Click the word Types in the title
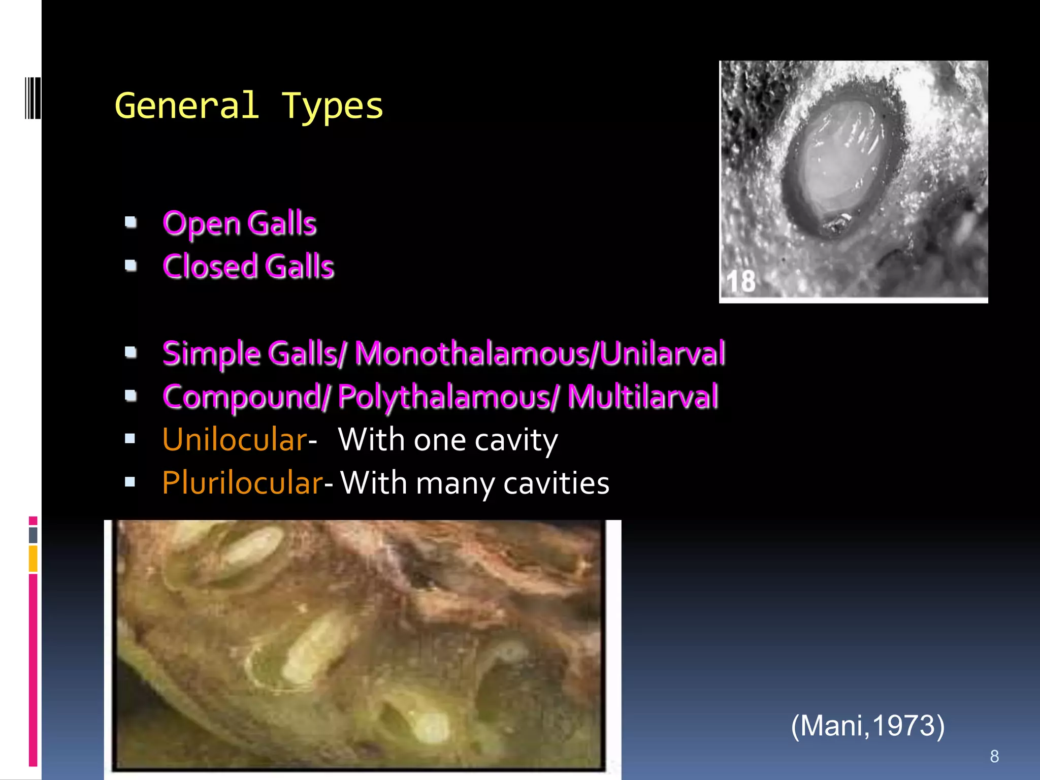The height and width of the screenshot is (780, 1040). pos(332,107)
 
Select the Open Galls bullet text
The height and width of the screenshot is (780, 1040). pos(239,223)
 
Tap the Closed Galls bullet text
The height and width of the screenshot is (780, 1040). pos(248,267)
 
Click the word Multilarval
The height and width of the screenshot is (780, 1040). pos(642,397)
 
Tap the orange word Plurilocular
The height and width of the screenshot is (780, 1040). pos(242,482)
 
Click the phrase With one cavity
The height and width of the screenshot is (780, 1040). pos(447,440)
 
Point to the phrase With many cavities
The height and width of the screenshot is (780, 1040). pos(474,483)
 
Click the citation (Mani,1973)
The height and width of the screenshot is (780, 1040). pos(867,725)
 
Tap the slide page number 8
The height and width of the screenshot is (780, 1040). pos(994,756)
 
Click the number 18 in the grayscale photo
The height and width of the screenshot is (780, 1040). pos(741,281)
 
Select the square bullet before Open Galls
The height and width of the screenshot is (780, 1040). pos(131,222)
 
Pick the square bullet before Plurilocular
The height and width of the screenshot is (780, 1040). pos(130,482)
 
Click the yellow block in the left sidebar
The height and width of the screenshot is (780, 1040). pos(33,559)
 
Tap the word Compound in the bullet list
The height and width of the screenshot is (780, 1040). pos(243,397)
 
